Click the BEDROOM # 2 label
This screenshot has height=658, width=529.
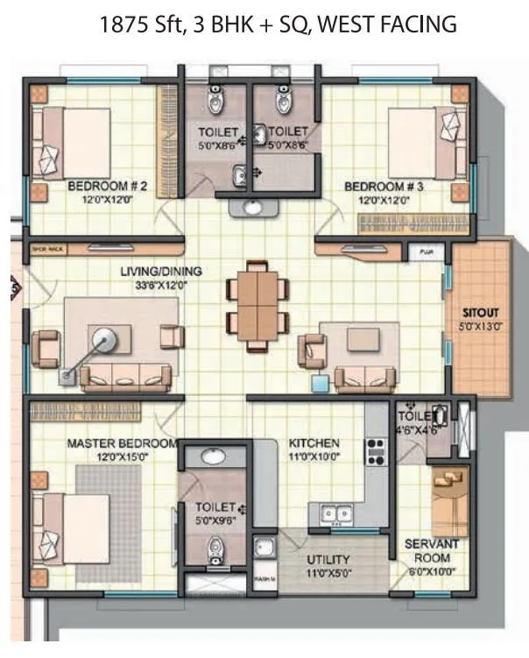click(106, 187)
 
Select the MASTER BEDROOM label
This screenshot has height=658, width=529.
click(123, 443)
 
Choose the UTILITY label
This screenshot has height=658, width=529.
click(328, 559)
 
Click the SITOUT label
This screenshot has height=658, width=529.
click(482, 311)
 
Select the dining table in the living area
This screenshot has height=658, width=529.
click(256, 305)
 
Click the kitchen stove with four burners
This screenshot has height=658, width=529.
click(376, 450)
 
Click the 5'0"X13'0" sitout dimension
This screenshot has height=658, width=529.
click(482, 326)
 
